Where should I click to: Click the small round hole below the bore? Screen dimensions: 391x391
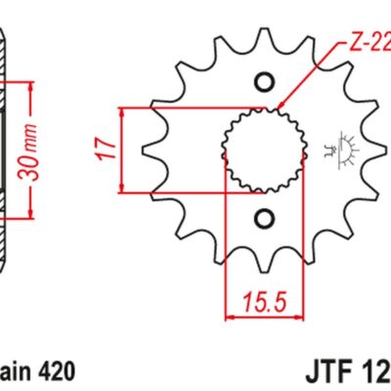[262, 216]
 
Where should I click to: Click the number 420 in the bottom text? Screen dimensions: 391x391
[55, 372]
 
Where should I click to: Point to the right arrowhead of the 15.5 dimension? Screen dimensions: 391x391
[295, 317]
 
